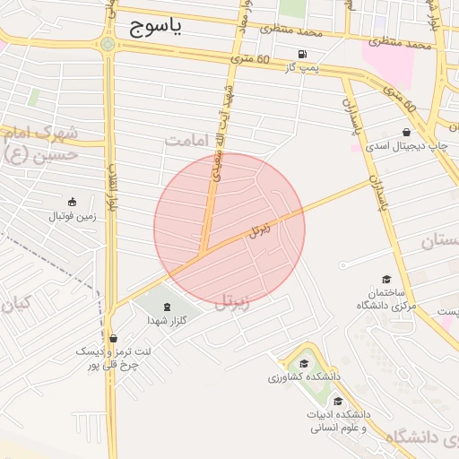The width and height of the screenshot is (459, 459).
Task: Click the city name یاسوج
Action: [x=155, y=27]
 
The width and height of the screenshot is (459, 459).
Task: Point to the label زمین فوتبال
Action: [x=71, y=216]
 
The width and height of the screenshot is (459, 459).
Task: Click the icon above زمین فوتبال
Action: [x=72, y=201]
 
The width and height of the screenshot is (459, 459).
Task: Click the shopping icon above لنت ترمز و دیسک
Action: [x=113, y=338]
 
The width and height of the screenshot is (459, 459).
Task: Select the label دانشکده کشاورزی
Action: [x=299, y=377]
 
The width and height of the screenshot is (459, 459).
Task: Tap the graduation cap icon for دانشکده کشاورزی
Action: [x=304, y=363]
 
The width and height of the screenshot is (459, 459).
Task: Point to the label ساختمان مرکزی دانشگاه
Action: [x=386, y=299]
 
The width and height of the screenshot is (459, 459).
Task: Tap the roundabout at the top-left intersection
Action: [x=108, y=44]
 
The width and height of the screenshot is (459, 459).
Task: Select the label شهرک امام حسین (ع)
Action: [x=39, y=144]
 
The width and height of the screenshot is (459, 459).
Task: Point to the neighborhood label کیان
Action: [x=15, y=304]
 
